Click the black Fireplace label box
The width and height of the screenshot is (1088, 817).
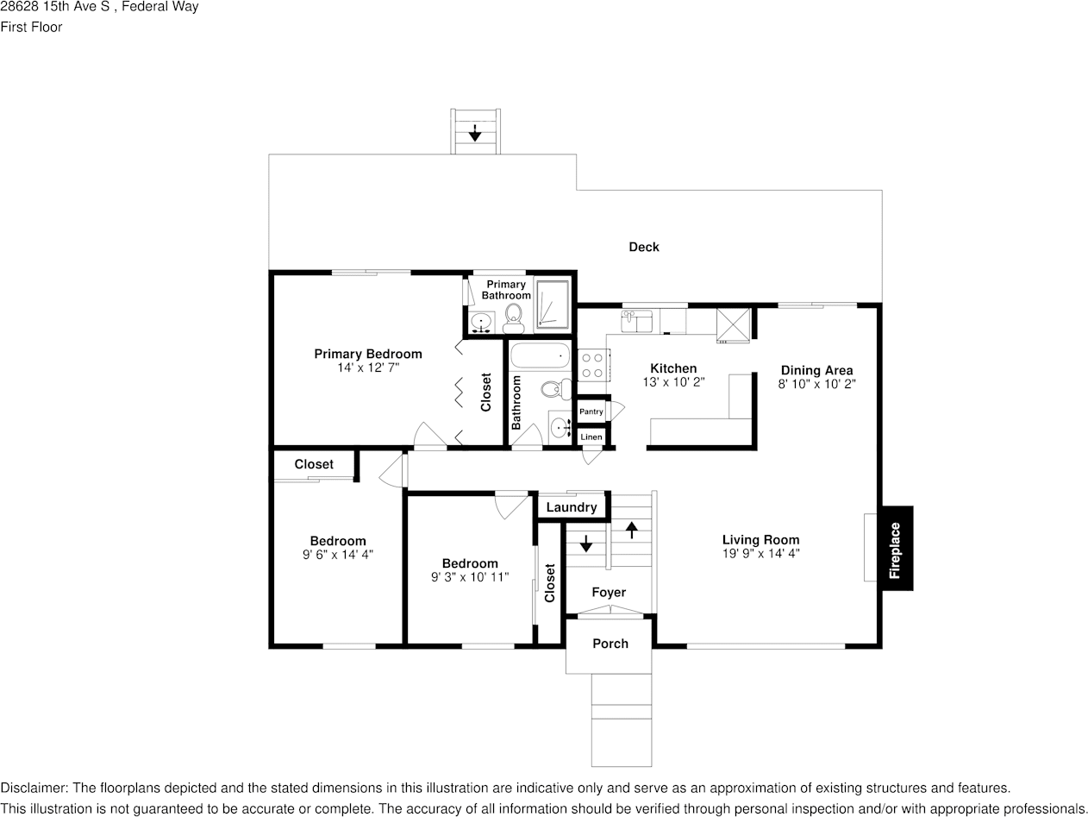point(896,549)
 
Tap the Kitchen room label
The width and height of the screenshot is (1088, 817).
point(673,368)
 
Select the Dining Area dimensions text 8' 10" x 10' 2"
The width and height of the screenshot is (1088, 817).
point(816,385)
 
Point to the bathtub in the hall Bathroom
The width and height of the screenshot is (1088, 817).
point(540,355)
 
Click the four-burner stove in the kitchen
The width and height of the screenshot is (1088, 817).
point(593,364)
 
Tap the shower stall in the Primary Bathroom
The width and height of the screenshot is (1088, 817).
point(552,305)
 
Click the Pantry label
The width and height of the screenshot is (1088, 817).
point(591,412)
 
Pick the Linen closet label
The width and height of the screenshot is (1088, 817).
point(591,437)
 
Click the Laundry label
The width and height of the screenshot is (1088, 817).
point(571,507)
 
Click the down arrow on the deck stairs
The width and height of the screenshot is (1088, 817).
point(474,133)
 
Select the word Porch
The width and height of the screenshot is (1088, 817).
point(610,644)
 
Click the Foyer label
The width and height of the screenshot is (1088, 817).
point(609,593)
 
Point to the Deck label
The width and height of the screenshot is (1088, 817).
point(643,247)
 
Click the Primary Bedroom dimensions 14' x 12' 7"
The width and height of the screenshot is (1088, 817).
point(368,368)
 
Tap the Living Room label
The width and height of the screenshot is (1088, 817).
point(760,540)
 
